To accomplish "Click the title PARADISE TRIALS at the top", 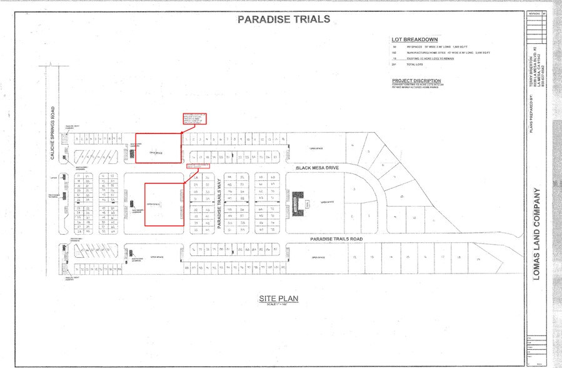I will (284, 19).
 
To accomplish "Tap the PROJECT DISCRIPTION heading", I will (416, 81).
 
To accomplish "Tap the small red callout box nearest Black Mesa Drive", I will (197, 166).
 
